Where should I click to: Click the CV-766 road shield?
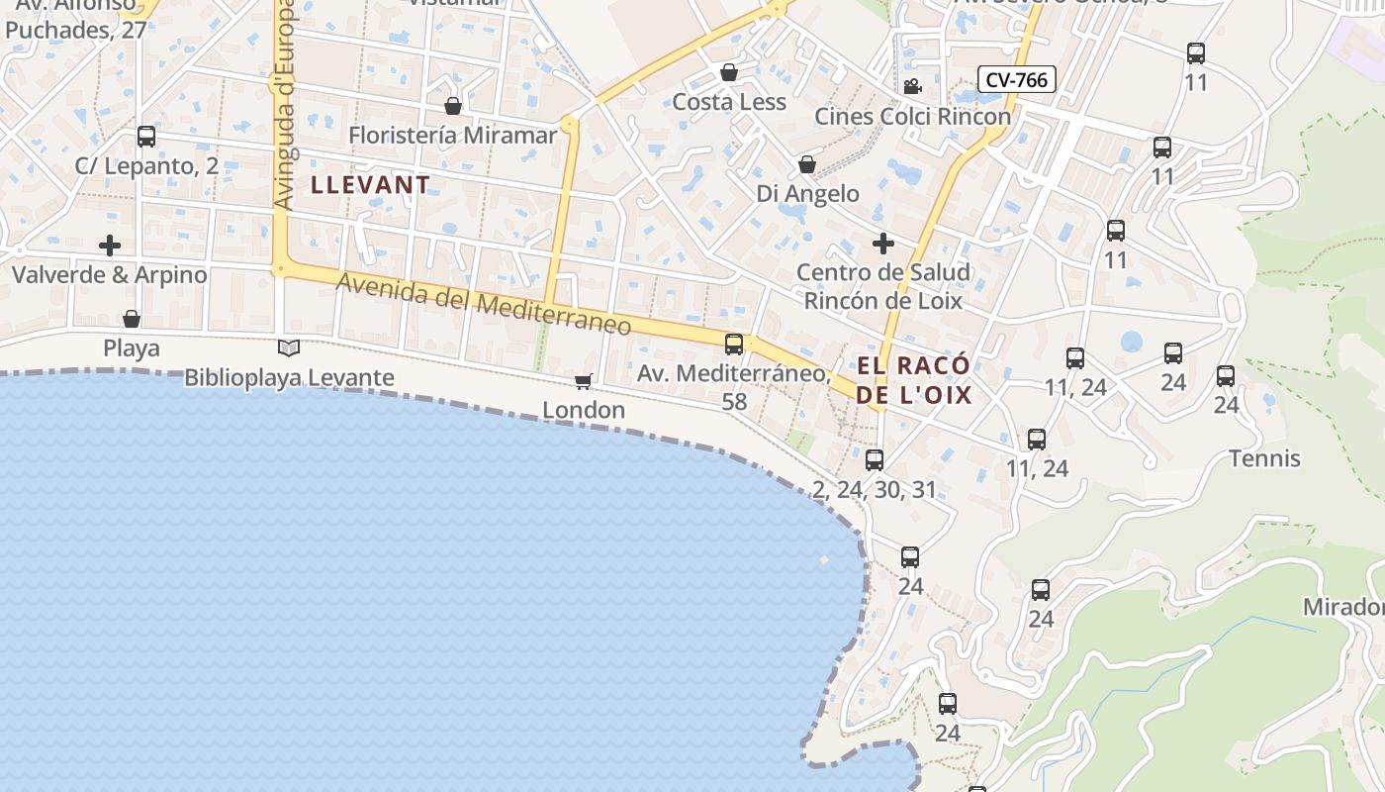tap(1017, 79)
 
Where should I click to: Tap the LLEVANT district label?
tap(371, 184)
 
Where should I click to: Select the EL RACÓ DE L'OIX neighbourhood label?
tap(914, 380)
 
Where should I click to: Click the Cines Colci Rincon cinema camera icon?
tap(911, 86)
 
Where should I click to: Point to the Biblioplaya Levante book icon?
tap(289, 347)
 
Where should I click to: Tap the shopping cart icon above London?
tap(584, 381)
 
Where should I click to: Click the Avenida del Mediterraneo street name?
tap(484, 304)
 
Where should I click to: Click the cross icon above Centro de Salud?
tap(882, 243)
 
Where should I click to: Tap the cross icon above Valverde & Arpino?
tap(110, 245)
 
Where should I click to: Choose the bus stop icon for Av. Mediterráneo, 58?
tap(734, 345)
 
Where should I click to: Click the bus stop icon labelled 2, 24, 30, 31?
tap(875, 460)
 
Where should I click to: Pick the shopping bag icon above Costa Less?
tap(729, 72)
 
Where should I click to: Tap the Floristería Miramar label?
tap(453, 135)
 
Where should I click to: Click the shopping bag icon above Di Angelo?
tap(807, 164)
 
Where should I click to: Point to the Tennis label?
tap(1264, 458)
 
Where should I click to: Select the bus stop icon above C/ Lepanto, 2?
tap(146, 137)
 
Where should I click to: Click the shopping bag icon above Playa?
tap(132, 319)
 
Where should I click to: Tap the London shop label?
tap(584, 410)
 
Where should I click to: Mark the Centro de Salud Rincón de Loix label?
tap(883, 286)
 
